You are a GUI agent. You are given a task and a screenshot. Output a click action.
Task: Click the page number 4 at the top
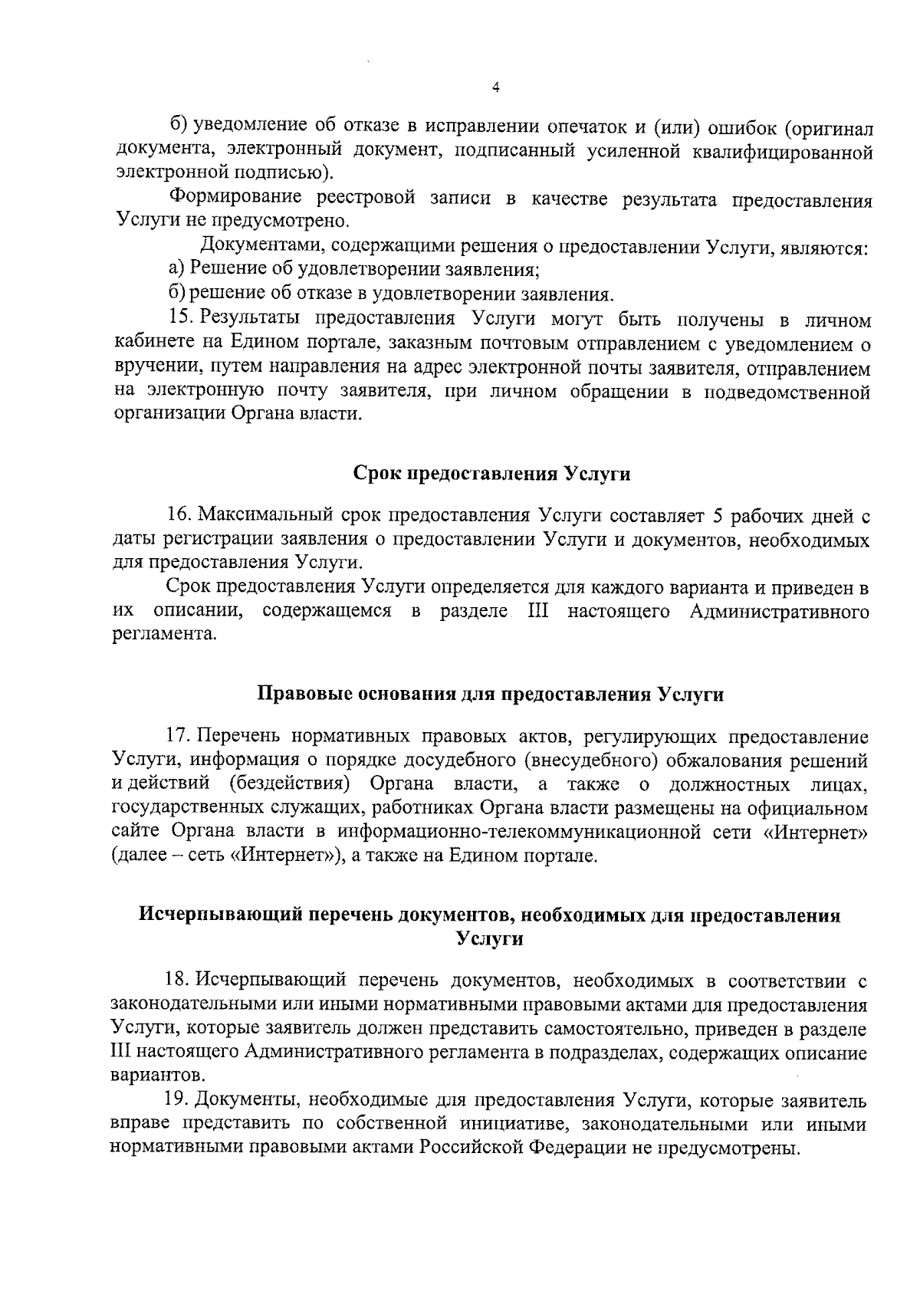tap(495, 88)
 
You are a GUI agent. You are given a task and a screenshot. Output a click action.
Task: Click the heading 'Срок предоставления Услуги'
tap(491, 474)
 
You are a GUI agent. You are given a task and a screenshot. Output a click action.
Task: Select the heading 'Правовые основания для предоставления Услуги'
tap(490, 695)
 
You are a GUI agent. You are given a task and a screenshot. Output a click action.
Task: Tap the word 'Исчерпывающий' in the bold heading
tap(212, 915)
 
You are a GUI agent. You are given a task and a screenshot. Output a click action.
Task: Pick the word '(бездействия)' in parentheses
tap(290, 785)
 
